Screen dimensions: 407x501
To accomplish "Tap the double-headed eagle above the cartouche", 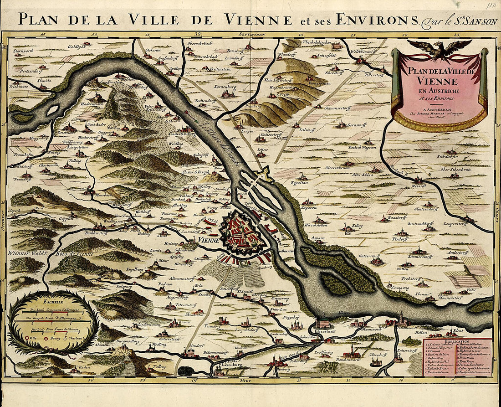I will pyautogui.click(x=440, y=48).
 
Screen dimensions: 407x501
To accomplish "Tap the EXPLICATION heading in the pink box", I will pyautogui.click(x=457, y=340).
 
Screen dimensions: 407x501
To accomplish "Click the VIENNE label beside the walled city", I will pyautogui.click(x=209, y=240).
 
